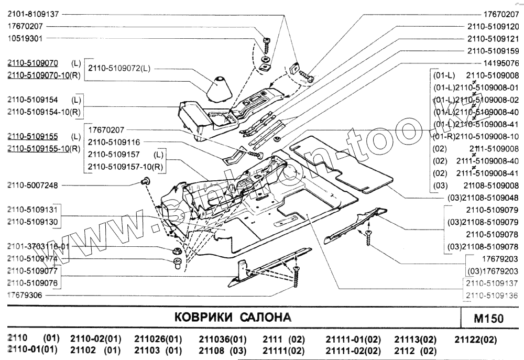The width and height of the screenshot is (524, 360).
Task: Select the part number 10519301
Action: coord(25,38)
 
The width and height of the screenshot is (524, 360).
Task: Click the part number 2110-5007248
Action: coord(32,185)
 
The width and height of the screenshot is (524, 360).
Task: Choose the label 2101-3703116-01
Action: coord(38,246)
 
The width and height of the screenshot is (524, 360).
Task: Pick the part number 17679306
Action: coord(25,296)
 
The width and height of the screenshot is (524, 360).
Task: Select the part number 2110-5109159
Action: coord(493,51)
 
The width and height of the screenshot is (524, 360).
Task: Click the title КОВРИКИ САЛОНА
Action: coord(232,318)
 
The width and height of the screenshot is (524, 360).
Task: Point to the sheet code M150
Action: coord(488,318)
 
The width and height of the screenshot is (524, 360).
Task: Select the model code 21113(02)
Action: coord(415,339)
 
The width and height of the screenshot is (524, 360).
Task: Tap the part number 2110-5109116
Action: coord(114,142)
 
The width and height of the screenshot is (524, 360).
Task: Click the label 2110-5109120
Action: coord(493,26)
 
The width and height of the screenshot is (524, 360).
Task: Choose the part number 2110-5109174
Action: coord(32,259)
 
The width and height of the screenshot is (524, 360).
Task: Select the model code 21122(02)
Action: coord(475,339)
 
